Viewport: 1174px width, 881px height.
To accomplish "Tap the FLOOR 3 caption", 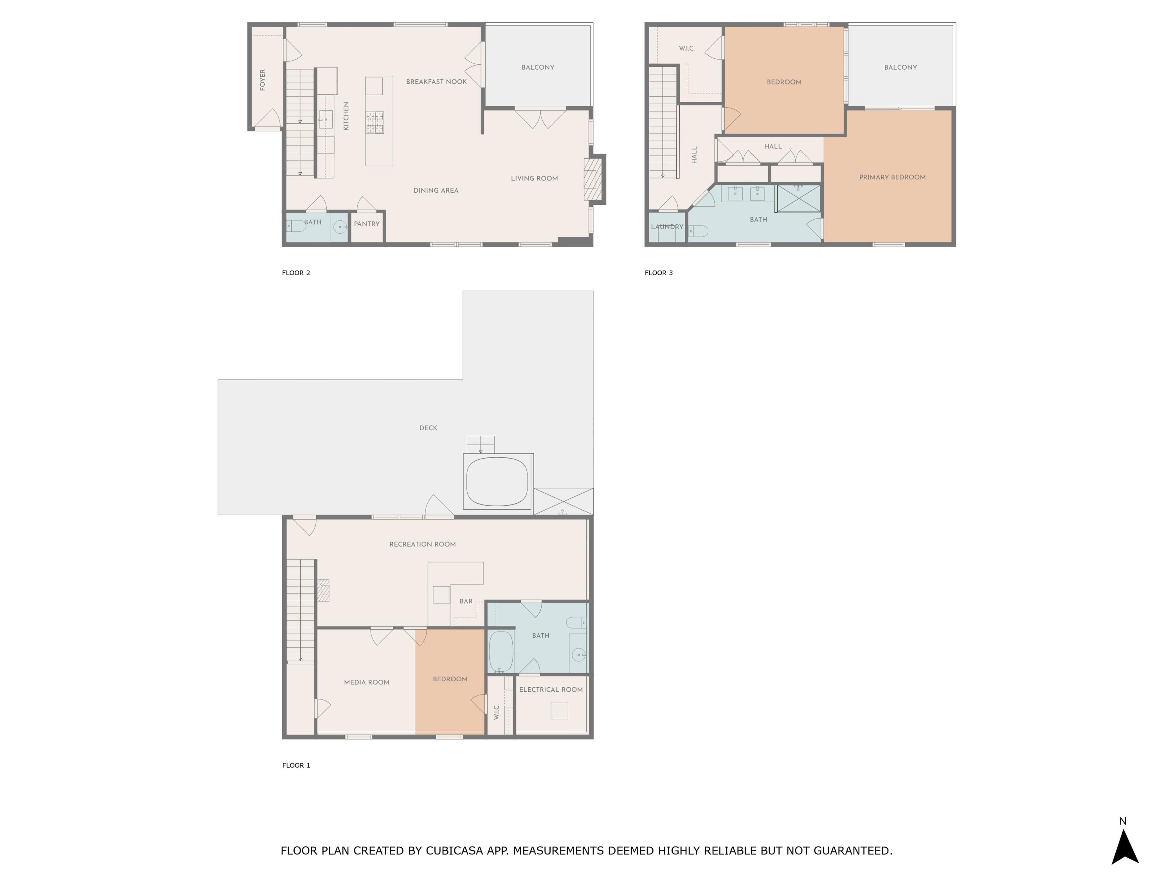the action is (x=659, y=273).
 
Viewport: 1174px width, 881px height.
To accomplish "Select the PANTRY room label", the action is (x=367, y=224).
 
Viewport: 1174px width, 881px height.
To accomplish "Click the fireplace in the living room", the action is (x=593, y=179).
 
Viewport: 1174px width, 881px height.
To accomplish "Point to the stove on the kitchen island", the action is (x=375, y=123).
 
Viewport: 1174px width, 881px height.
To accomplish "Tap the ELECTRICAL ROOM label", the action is (x=551, y=690).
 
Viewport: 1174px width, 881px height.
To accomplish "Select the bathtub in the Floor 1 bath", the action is (x=501, y=651).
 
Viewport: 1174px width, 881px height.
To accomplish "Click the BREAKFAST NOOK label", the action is (x=436, y=82).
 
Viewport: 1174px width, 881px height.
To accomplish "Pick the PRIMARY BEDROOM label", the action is (x=892, y=177).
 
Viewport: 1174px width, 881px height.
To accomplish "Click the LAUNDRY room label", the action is (x=667, y=227).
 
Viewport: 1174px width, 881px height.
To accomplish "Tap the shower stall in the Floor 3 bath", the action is (x=799, y=199).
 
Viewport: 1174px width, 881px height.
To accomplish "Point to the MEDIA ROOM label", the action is (x=367, y=682).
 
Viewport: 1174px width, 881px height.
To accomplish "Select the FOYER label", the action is (x=262, y=79).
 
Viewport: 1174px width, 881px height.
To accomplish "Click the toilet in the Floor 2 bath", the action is (x=296, y=226).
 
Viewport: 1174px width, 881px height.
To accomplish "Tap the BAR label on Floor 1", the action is (x=466, y=602).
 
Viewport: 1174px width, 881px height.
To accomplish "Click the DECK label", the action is (x=428, y=428).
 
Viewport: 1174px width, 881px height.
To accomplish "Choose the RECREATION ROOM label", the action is (x=423, y=544).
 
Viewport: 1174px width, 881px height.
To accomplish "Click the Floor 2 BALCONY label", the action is (x=538, y=67).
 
